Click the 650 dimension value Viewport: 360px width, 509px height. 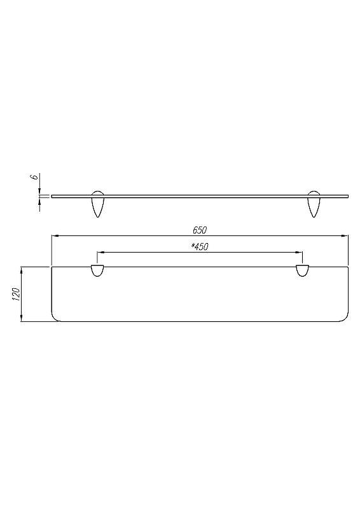point(200,230)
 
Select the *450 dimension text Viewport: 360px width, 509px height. point(200,247)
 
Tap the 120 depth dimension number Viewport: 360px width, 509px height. point(16,294)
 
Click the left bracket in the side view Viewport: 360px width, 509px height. point(97,204)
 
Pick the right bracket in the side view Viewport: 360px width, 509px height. point(314,204)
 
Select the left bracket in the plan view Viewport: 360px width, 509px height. point(97,271)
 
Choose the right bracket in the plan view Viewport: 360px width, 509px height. point(303,271)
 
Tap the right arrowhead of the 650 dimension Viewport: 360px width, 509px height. point(344,235)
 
